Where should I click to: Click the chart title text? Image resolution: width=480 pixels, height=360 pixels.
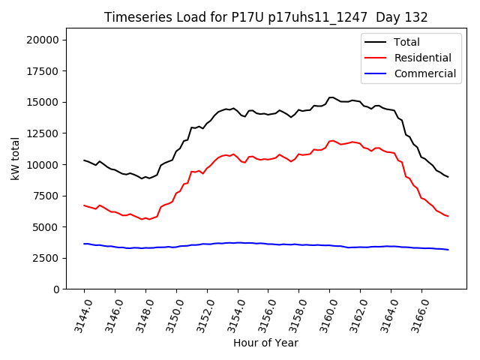(266, 17)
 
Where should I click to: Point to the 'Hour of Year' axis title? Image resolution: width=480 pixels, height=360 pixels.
(265, 343)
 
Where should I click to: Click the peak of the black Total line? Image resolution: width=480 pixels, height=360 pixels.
(331, 97)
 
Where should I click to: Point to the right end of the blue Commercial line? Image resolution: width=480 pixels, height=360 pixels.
(448, 250)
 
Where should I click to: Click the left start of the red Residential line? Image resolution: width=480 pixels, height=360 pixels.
(84, 205)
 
